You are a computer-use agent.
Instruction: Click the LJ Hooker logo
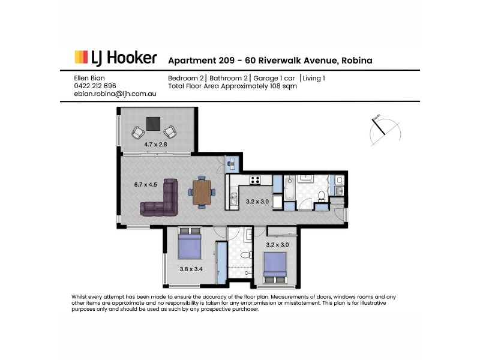116,58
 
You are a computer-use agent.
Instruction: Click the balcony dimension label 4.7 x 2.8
155,145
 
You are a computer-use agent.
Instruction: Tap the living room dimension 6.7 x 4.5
146,185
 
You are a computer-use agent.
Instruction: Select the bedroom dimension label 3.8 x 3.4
190,268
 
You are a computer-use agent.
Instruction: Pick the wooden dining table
202,193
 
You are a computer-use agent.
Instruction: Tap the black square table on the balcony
154,123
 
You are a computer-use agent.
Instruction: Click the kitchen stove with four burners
254,179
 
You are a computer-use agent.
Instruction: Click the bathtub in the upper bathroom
289,187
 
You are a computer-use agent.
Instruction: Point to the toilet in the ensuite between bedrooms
245,256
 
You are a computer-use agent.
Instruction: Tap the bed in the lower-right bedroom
275,265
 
